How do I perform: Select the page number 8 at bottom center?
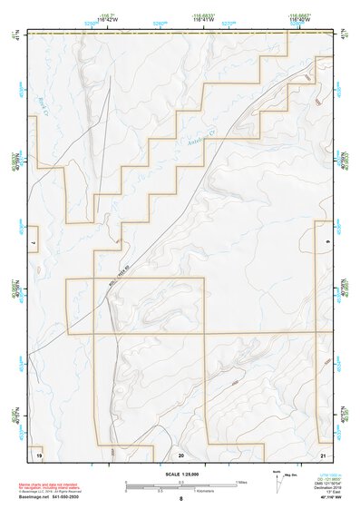[180, 498]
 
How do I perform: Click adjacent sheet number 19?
[38, 452]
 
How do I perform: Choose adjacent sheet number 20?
[180, 453]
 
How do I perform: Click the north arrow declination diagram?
[288, 478]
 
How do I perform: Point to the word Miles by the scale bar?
[241, 481]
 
